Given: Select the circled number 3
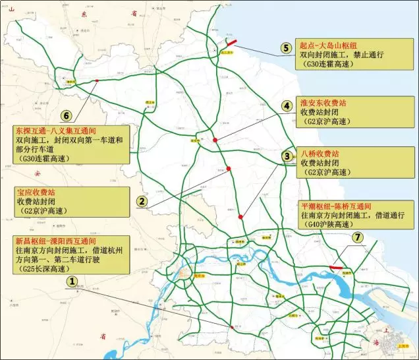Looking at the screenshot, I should click(287, 156).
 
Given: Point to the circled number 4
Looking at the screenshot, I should click(286, 105).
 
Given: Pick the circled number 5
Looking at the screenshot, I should click(285, 47).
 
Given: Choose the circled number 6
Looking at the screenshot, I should click(66, 114).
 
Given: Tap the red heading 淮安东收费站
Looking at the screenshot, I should click(323, 104).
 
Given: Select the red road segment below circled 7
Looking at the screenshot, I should click(336, 268).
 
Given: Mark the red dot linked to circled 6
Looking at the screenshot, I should click(97, 81).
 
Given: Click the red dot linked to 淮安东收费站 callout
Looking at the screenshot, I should click(215, 140).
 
